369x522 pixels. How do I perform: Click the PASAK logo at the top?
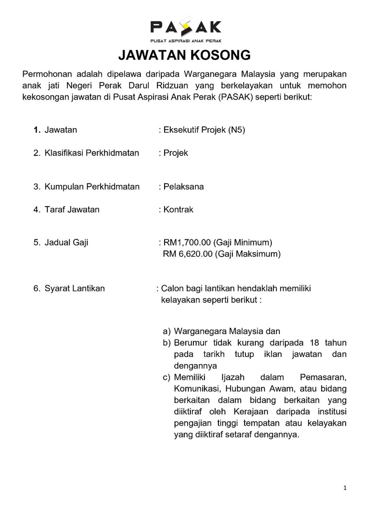[x=186, y=28]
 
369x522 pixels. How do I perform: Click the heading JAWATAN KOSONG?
[x=184, y=55]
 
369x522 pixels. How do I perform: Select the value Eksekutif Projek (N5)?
[x=204, y=130]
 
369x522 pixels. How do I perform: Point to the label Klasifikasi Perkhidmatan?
[x=91, y=153]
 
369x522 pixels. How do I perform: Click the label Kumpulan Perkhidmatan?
[x=92, y=186]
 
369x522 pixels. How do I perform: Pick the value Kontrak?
[x=178, y=209]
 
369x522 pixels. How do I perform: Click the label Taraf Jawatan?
[x=72, y=209]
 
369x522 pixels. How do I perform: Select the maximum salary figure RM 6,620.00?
[x=187, y=254]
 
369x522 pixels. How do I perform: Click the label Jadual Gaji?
[x=66, y=242]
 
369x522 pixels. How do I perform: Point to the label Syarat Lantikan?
[x=74, y=288]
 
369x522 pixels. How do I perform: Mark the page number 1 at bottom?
[x=345, y=488]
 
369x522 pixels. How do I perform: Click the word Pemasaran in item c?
[x=323, y=377]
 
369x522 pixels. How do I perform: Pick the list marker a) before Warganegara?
[x=167, y=331]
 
